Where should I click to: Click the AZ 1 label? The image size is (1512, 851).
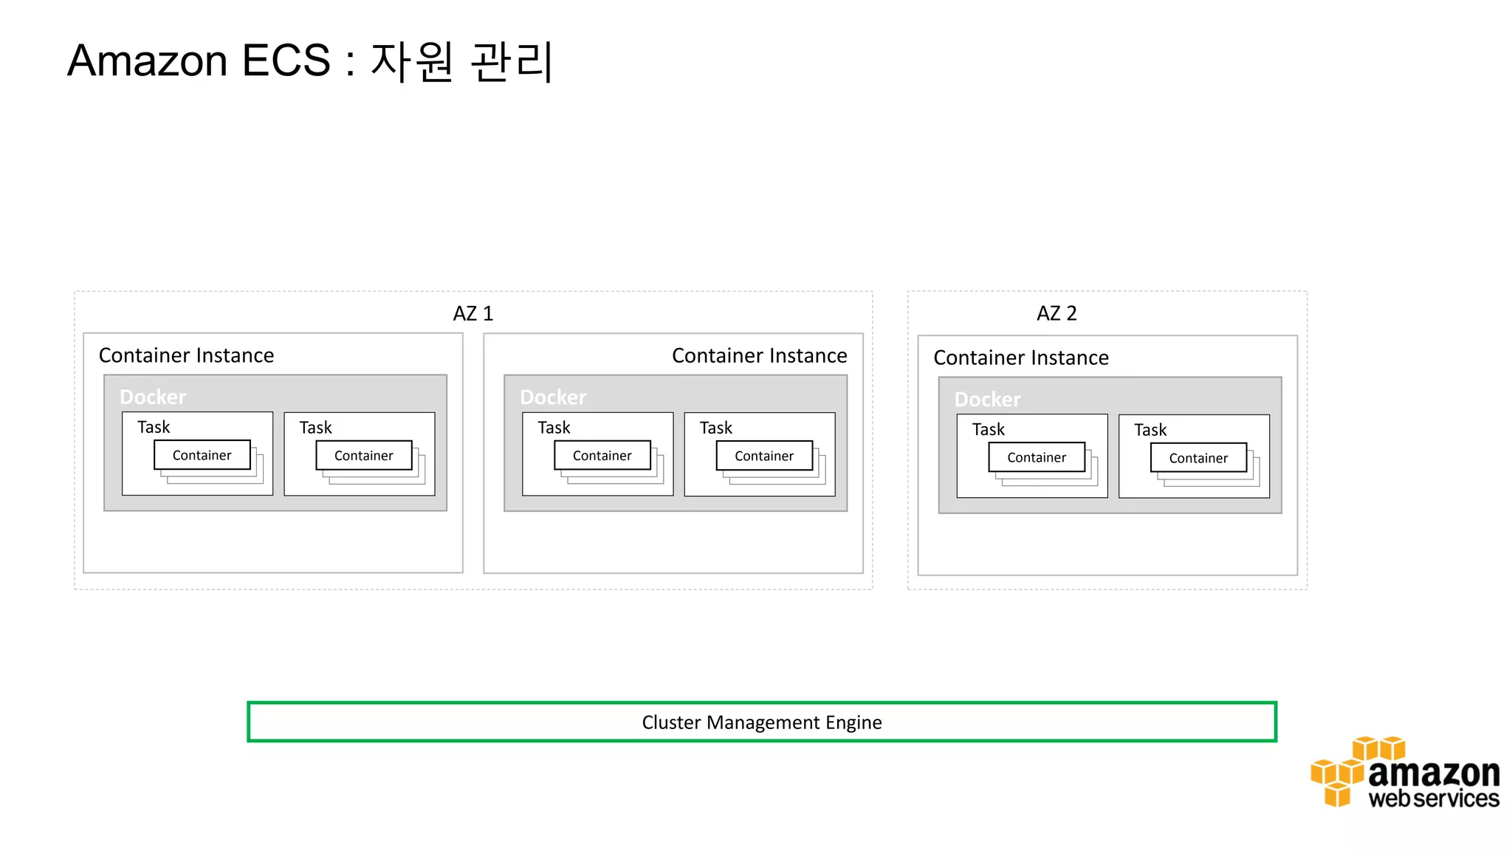click(x=472, y=313)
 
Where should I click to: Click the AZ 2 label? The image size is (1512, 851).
click(x=1056, y=313)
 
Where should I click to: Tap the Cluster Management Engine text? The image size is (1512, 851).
click(x=761, y=722)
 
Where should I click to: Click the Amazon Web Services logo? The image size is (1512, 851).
click(x=1404, y=773)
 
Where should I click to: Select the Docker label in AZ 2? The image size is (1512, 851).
click(x=987, y=400)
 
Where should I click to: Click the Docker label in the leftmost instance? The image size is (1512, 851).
click(x=153, y=397)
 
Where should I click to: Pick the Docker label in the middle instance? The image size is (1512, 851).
click(x=553, y=397)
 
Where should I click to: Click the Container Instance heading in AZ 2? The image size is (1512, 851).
click(x=1020, y=358)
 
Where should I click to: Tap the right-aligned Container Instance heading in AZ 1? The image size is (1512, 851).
click(x=759, y=355)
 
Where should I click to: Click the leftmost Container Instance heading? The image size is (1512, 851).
click(x=186, y=355)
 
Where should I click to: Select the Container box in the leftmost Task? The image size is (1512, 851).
click(x=202, y=455)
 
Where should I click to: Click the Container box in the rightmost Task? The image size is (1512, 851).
click(x=1197, y=458)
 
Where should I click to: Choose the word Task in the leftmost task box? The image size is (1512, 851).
click(x=154, y=427)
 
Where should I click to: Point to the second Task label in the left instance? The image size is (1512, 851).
click(x=315, y=428)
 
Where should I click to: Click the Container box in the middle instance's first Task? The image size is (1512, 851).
click(x=602, y=456)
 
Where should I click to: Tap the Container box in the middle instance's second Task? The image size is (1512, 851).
click(x=763, y=456)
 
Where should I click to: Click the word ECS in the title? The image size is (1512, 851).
click(x=286, y=61)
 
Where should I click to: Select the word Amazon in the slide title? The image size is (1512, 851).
click(x=147, y=61)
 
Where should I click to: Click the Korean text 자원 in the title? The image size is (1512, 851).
click(x=411, y=61)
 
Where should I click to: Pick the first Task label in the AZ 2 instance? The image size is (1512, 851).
click(x=988, y=429)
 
